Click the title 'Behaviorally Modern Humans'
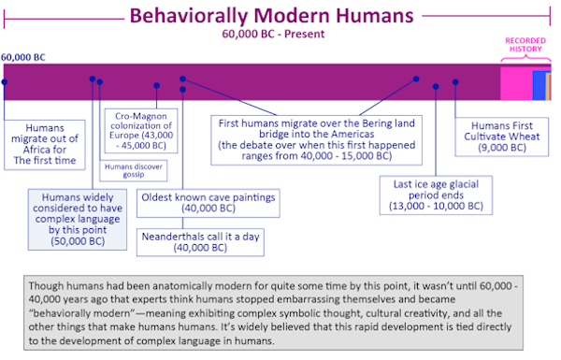(x=271, y=16)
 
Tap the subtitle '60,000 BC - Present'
(x=273, y=34)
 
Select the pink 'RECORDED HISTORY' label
(x=525, y=45)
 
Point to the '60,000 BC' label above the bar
(x=23, y=57)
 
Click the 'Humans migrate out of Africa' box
(x=45, y=145)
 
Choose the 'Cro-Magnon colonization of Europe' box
(x=141, y=131)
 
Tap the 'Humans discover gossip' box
(x=134, y=171)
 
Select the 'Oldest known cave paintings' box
(x=209, y=203)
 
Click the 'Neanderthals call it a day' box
(x=200, y=242)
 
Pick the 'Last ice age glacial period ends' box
(x=436, y=195)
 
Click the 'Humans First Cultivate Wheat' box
(x=501, y=137)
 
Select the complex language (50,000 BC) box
(x=78, y=220)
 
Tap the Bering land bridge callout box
(x=317, y=140)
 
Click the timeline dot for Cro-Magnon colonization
(x=157, y=85)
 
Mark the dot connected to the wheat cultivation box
(x=455, y=82)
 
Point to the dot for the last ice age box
(x=436, y=87)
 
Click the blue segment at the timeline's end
(x=539, y=85)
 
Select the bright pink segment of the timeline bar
(x=516, y=84)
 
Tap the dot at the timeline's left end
(x=5, y=82)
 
